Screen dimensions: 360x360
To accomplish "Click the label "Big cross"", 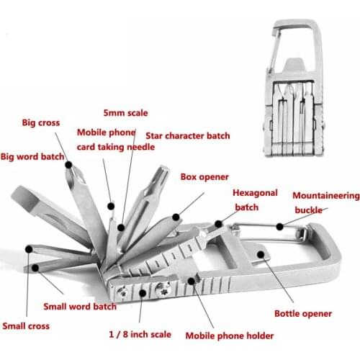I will pyautogui.click(x=40, y=122).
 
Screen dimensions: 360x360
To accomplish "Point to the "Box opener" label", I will pyautogui.click(x=204, y=176).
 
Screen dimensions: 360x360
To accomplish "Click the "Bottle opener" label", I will pyautogui.click(x=302, y=313).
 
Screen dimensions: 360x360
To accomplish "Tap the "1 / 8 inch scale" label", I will pyautogui.click(x=141, y=333).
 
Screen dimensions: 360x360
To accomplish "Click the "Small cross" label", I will pyautogui.click(x=26, y=326).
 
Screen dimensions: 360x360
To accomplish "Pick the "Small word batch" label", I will pyautogui.click(x=80, y=306).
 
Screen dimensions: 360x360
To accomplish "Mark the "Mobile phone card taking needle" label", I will pyautogui.click(x=106, y=139).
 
